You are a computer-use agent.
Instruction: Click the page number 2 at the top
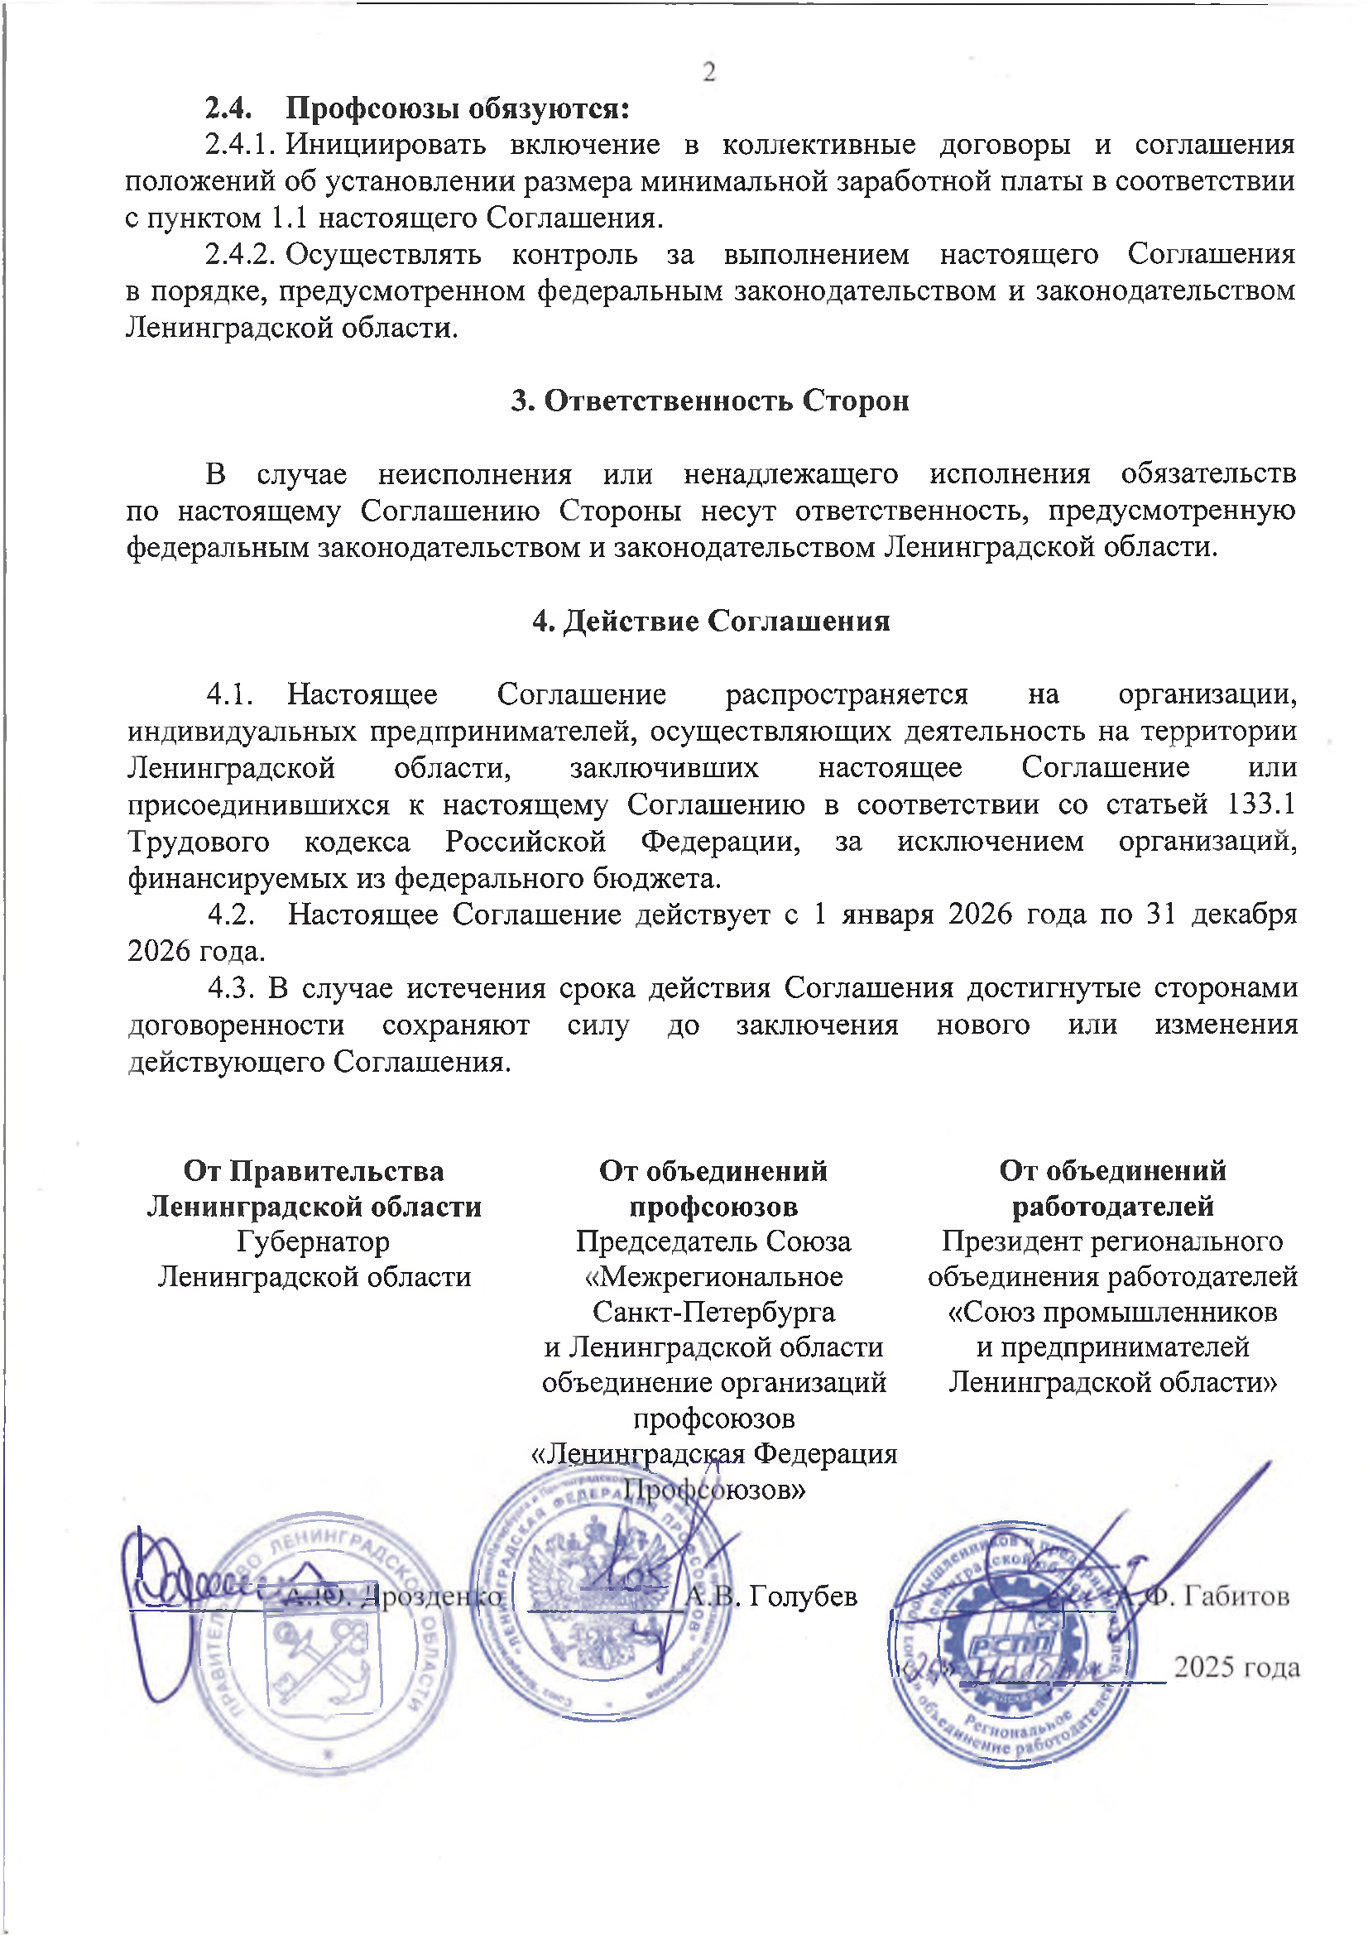(x=709, y=73)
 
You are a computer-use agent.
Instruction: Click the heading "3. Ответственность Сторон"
(x=710, y=401)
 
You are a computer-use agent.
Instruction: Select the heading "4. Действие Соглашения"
(x=711, y=621)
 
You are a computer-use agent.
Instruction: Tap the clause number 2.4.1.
(x=240, y=145)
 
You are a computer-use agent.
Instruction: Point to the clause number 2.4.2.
(x=240, y=255)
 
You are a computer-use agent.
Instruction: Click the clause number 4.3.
(x=232, y=987)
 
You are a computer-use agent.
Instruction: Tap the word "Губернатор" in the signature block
(x=314, y=1241)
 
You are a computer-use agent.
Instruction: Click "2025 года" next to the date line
(x=1236, y=1667)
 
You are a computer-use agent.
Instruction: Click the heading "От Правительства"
(x=314, y=1170)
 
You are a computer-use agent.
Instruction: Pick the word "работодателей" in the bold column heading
(x=1112, y=1206)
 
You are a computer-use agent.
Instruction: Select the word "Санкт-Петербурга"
(x=713, y=1312)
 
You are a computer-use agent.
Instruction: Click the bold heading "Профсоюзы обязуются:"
(x=458, y=108)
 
